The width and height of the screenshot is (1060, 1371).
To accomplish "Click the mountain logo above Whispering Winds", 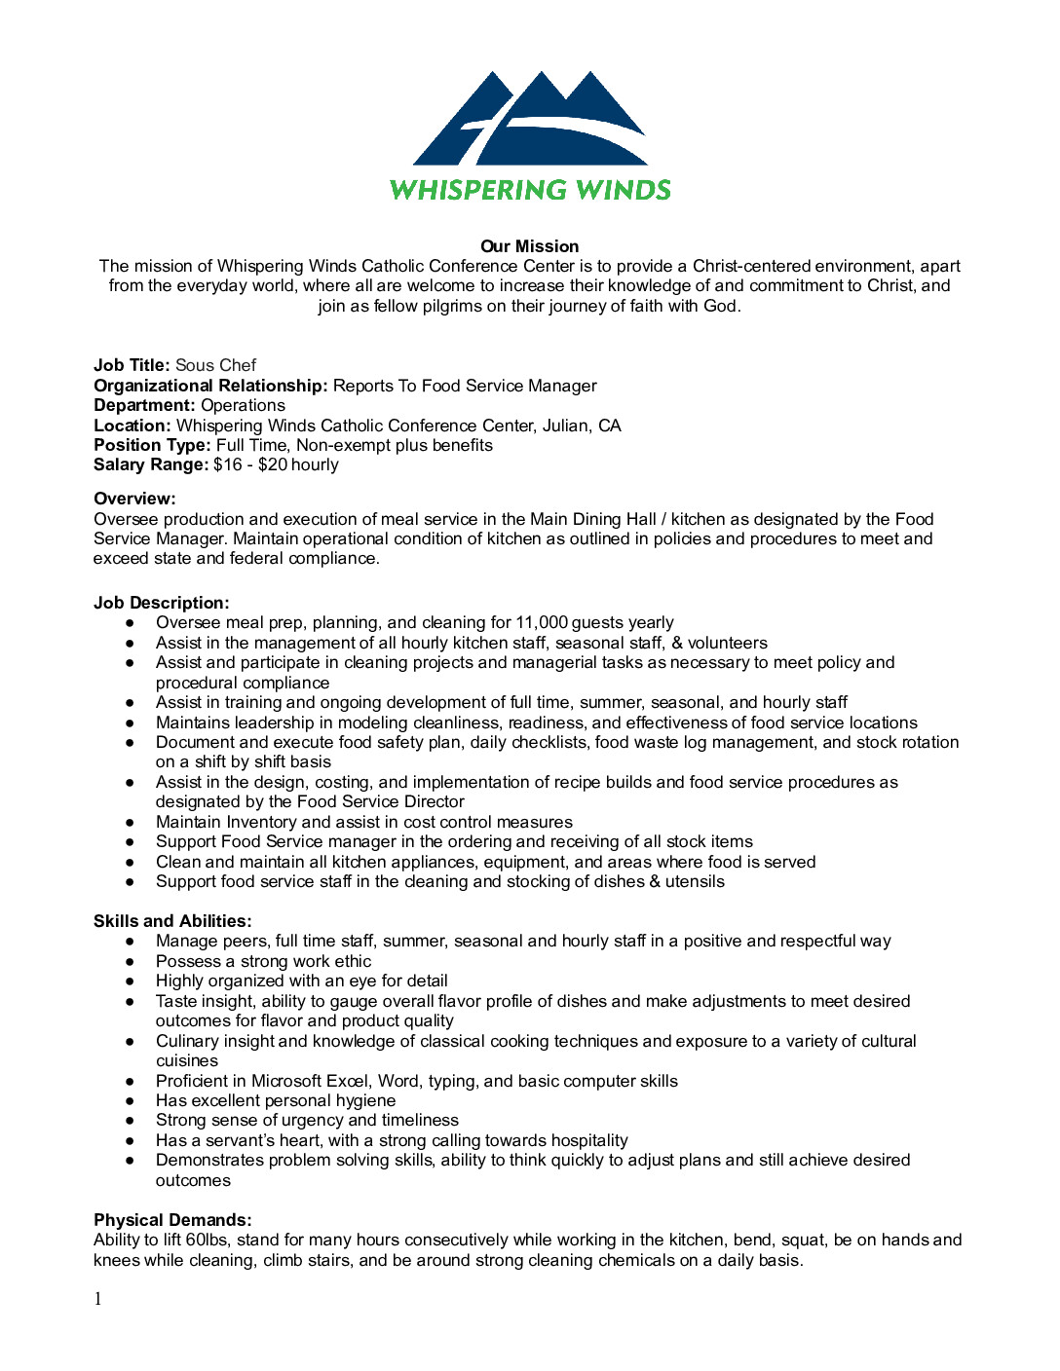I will (530, 119).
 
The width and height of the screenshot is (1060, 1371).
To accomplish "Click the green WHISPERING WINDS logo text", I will (530, 190).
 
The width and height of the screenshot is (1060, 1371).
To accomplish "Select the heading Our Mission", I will (529, 246).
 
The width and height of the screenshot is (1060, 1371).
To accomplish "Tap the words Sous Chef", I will (215, 365).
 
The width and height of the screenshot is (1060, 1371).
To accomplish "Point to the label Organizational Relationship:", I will (210, 386).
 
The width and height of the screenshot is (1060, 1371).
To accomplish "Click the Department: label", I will (144, 405).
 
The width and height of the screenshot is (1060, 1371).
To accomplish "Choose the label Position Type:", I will (152, 445).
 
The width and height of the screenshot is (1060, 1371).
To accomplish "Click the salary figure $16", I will (228, 464).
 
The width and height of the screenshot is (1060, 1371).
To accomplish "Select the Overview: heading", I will (134, 499).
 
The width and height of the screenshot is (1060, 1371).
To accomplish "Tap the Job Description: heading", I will (161, 603).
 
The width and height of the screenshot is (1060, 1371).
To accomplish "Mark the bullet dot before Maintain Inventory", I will (130, 823).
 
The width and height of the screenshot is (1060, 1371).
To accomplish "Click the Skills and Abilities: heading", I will (172, 921).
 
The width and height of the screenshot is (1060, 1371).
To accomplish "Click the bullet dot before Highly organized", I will (130, 982).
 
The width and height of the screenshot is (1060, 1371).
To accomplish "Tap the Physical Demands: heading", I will (172, 1220).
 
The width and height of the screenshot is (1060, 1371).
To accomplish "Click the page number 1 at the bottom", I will (97, 1299).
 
